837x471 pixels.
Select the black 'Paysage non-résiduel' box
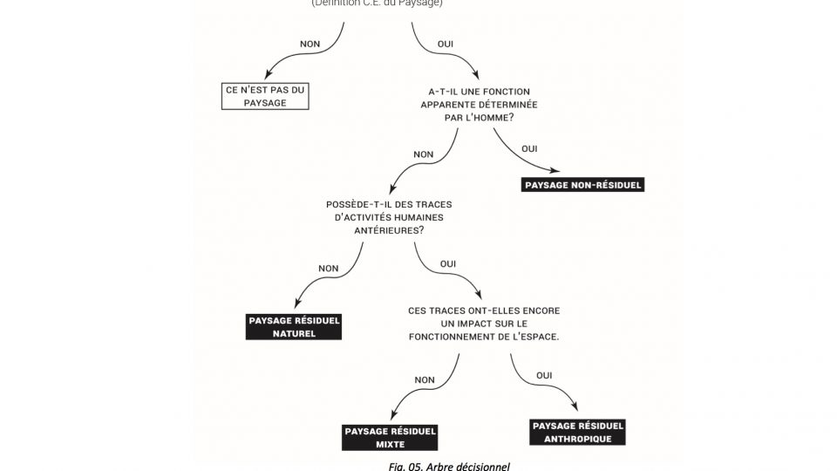click(x=583, y=185)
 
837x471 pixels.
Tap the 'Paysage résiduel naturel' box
click(x=294, y=326)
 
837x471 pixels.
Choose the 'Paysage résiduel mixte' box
click(x=390, y=438)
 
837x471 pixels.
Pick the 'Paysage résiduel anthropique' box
click(x=577, y=432)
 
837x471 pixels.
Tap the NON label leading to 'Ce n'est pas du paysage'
click(x=310, y=44)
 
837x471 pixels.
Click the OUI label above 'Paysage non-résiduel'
click(x=529, y=149)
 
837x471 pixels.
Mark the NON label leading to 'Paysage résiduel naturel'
click(x=329, y=268)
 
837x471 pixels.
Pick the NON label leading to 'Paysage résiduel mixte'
click(x=425, y=380)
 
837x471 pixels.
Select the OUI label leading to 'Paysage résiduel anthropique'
click(x=543, y=375)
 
